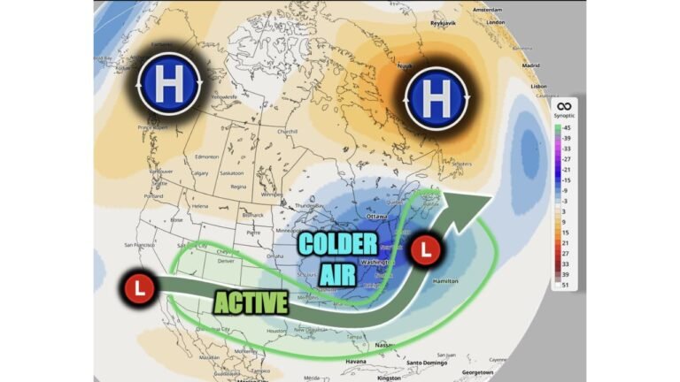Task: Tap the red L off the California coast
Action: point(140,286)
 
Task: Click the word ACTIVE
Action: point(251,302)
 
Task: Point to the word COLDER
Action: point(337,245)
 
